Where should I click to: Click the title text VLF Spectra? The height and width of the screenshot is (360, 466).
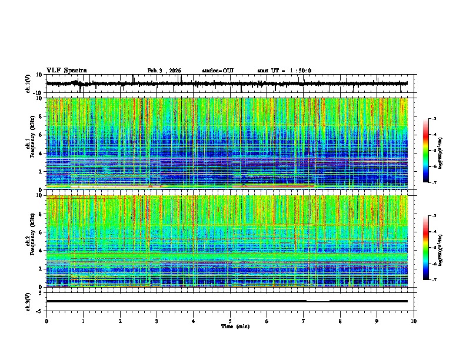(66, 70)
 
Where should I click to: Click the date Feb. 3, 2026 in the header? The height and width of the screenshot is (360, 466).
(164, 71)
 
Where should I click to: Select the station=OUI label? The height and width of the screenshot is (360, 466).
(218, 71)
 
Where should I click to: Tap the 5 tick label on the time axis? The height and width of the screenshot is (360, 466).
(230, 321)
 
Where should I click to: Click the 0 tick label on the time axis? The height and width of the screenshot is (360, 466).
(46, 321)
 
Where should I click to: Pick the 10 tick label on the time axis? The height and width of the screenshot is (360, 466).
(414, 321)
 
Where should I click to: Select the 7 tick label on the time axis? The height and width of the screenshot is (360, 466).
(304, 321)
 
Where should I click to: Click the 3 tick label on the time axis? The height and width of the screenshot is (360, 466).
(157, 321)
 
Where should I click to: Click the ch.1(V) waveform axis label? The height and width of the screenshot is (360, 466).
(28, 84)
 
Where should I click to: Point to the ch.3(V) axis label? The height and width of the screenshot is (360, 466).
(28, 301)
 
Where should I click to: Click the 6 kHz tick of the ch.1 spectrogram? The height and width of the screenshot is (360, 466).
(41, 135)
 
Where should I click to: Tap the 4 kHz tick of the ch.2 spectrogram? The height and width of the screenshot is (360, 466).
(41, 250)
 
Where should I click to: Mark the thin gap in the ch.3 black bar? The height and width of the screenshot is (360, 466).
(318, 301)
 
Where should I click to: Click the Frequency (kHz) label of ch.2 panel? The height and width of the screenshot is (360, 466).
(34, 241)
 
